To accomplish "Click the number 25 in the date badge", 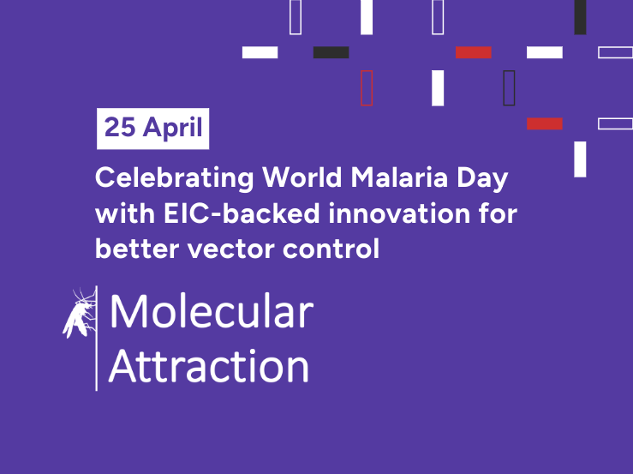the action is [x=120, y=128].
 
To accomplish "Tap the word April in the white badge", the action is [x=172, y=129].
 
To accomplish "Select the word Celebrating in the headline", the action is [x=175, y=178].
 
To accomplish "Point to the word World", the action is [x=302, y=177].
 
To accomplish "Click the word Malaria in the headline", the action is [x=399, y=177].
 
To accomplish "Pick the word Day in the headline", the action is [x=482, y=179].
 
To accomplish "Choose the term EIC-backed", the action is [x=242, y=213].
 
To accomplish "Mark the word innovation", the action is [x=399, y=213].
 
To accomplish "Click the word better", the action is [x=137, y=248].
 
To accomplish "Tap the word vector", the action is [x=231, y=249].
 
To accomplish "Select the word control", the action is [x=331, y=248].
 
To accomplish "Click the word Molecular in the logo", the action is [x=212, y=311].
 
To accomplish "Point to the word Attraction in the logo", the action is [x=209, y=366].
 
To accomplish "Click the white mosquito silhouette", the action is [x=80, y=314].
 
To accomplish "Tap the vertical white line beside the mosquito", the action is [x=96, y=339].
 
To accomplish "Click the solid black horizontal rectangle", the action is [x=331, y=52].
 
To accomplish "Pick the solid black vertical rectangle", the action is [x=580, y=17].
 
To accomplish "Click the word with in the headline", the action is [x=125, y=213].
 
